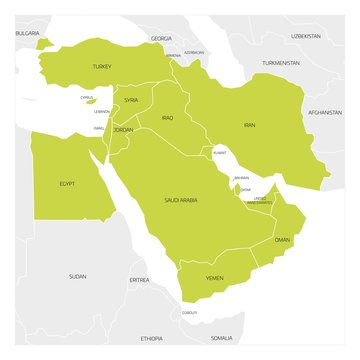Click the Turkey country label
101,66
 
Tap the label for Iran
250,125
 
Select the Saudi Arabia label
180,200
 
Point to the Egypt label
67,183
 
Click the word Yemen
214,277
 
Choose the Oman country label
282,240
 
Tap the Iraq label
167,117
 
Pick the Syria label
131,100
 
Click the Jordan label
123,130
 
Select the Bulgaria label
27,33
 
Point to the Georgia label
160,38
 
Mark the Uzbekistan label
305,35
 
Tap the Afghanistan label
325,112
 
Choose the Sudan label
77,275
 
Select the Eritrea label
139,280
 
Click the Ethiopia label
151,338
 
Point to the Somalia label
221,338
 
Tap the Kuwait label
220,153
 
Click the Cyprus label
87,97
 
